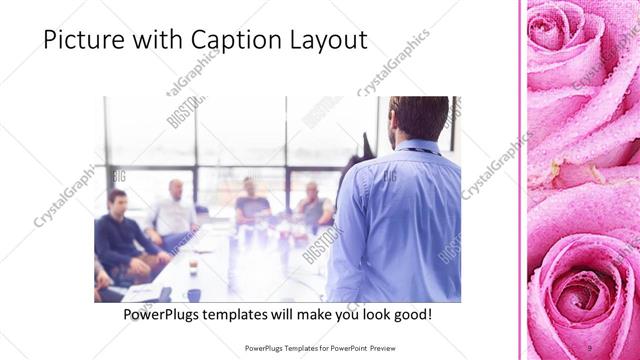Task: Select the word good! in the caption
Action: click(410, 314)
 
